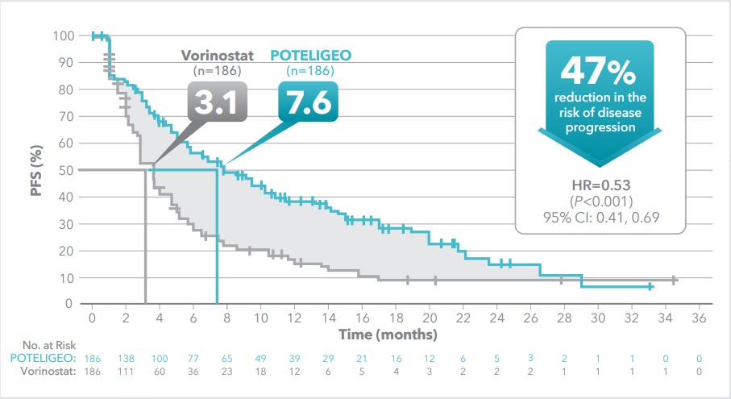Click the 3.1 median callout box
[217, 104]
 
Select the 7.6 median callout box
[308, 104]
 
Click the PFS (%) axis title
[36, 170]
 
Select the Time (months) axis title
[388, 334]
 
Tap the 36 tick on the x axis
[699, 318]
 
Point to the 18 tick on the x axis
[396, 318]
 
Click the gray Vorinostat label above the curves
[217, 56]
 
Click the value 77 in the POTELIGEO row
[193, 357]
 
